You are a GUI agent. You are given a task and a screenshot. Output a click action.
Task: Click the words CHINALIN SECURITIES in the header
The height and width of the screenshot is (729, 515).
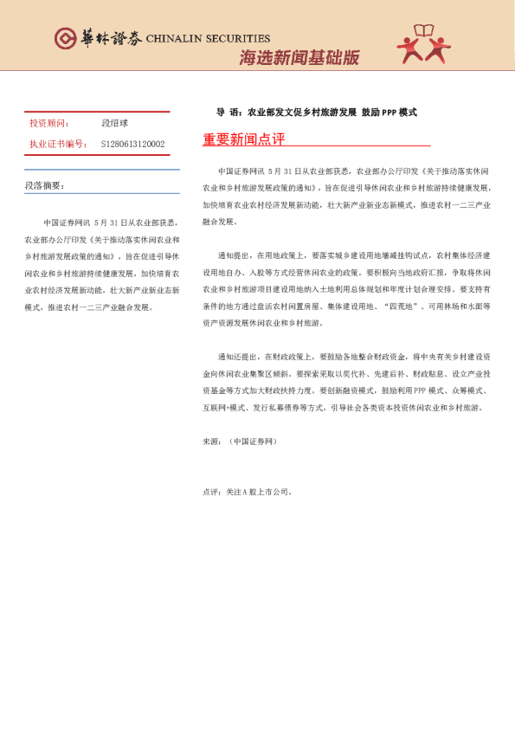[208, 38]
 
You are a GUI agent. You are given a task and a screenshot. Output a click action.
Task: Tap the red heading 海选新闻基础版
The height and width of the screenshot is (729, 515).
[299, 58]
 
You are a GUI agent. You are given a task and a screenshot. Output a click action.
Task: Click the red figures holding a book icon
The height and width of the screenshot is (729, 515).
[424, 45]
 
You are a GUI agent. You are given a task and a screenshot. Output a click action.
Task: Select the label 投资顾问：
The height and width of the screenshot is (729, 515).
[49, 124]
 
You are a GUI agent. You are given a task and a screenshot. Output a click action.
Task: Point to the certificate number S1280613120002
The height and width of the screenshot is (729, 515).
[132, 144]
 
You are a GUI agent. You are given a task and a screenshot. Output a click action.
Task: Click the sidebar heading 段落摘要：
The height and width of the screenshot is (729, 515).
[44, 185]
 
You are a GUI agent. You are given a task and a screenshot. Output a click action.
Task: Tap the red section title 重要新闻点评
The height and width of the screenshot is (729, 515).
[243, 139]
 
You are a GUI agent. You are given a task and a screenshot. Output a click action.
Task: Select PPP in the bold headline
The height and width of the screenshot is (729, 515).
[387, 113]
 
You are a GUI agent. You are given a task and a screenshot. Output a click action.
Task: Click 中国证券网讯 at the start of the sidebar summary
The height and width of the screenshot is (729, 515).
[68, 223]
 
